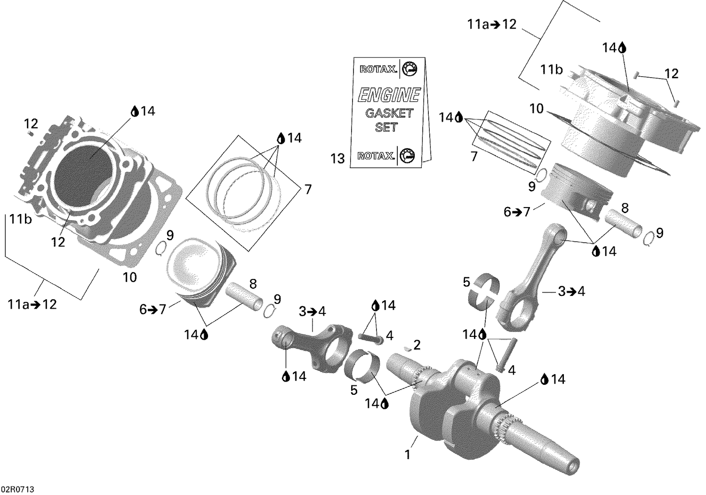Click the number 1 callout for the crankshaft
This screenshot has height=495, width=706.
pos(408,455)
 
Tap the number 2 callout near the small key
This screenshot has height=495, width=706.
pos(417,346)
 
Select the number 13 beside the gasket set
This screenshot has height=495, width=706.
pos(337,159)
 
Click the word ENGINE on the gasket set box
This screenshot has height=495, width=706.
pos(389,95)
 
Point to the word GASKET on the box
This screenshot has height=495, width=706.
pos(389,113)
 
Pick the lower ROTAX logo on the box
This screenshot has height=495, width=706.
pos(376,156)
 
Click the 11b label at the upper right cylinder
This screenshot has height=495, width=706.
pos(551,71)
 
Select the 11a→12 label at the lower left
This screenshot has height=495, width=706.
pos(32,304)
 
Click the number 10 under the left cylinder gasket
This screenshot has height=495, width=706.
pos(129,277)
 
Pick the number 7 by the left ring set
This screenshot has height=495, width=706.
pos(308,190)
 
